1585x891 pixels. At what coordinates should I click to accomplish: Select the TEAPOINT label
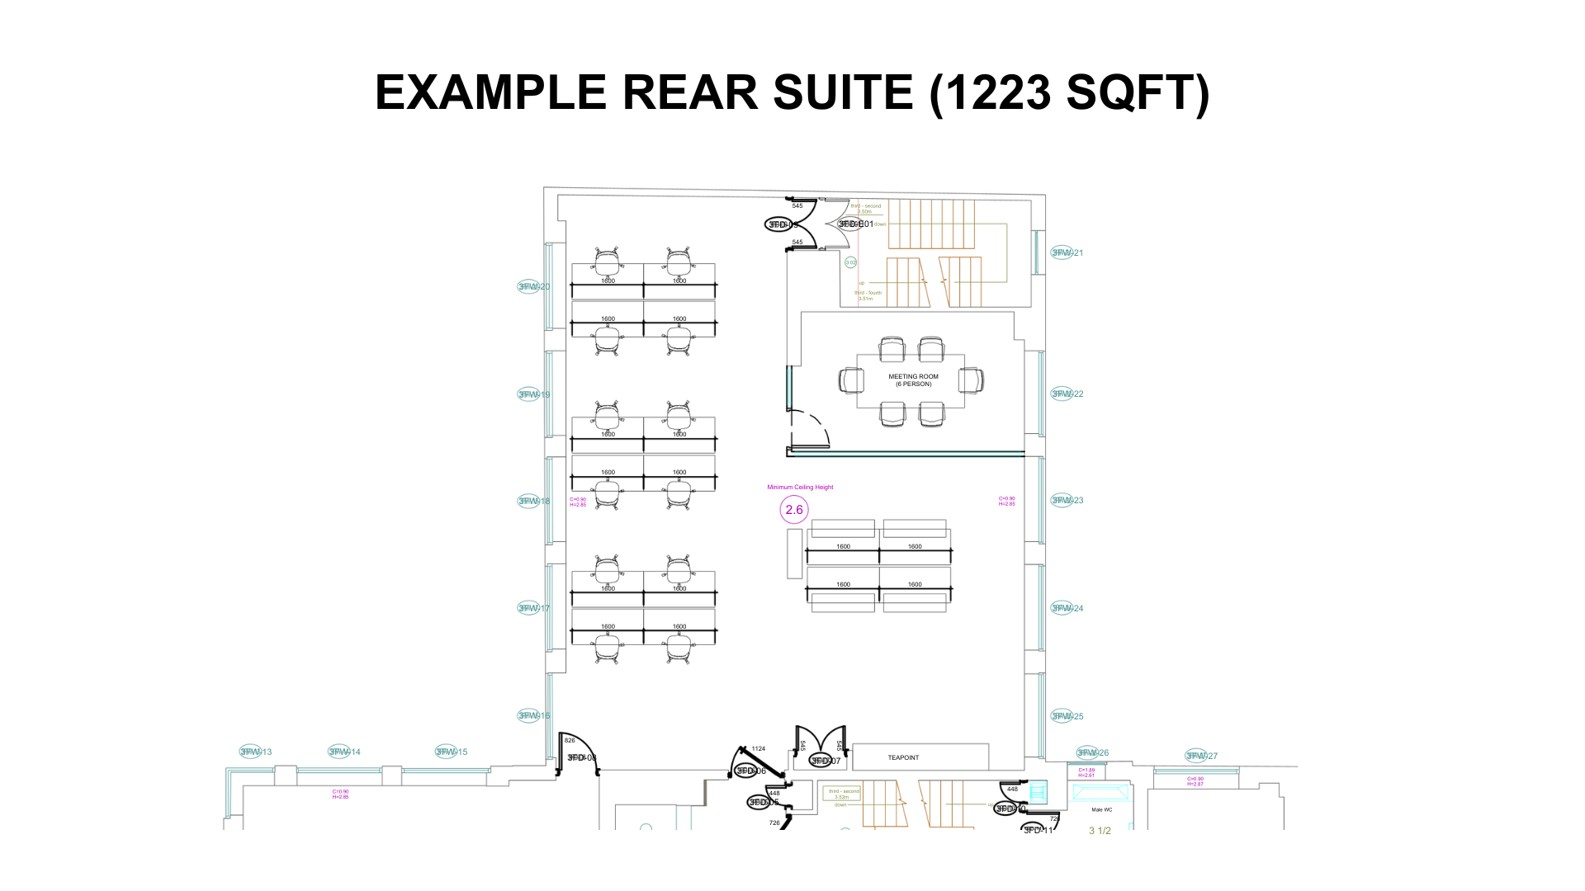(x=903, y=757)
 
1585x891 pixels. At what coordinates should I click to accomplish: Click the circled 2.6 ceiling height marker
(x=794, y=510)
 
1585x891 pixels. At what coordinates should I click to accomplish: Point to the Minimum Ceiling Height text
(x=800, y=488)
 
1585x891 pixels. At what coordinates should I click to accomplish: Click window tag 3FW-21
(x=1067, y=252)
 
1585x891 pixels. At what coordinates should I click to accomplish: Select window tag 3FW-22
(x=1067, y=394)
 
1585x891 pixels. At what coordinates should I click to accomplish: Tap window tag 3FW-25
(x=1067, y=716)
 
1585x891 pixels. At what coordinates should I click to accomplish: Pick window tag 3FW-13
(x=255, y=752)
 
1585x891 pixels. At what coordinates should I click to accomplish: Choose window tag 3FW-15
(x=451, y=752)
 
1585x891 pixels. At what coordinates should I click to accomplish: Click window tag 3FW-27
(x=1201, y=756)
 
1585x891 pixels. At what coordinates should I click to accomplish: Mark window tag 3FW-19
(x=533, y=394)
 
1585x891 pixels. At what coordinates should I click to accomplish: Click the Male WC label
(x=1101, y=810)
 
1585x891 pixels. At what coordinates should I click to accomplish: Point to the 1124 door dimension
(x=759, y=749)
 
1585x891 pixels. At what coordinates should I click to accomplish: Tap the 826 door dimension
(x=570, y=740)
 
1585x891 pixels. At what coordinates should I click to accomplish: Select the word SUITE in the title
(x=843, y=92)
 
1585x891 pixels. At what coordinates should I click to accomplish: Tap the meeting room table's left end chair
(x=851, y=380)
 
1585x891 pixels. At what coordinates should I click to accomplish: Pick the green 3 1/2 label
(x=1100, y=831)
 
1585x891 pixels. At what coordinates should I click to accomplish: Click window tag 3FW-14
(x=344, y=752)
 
